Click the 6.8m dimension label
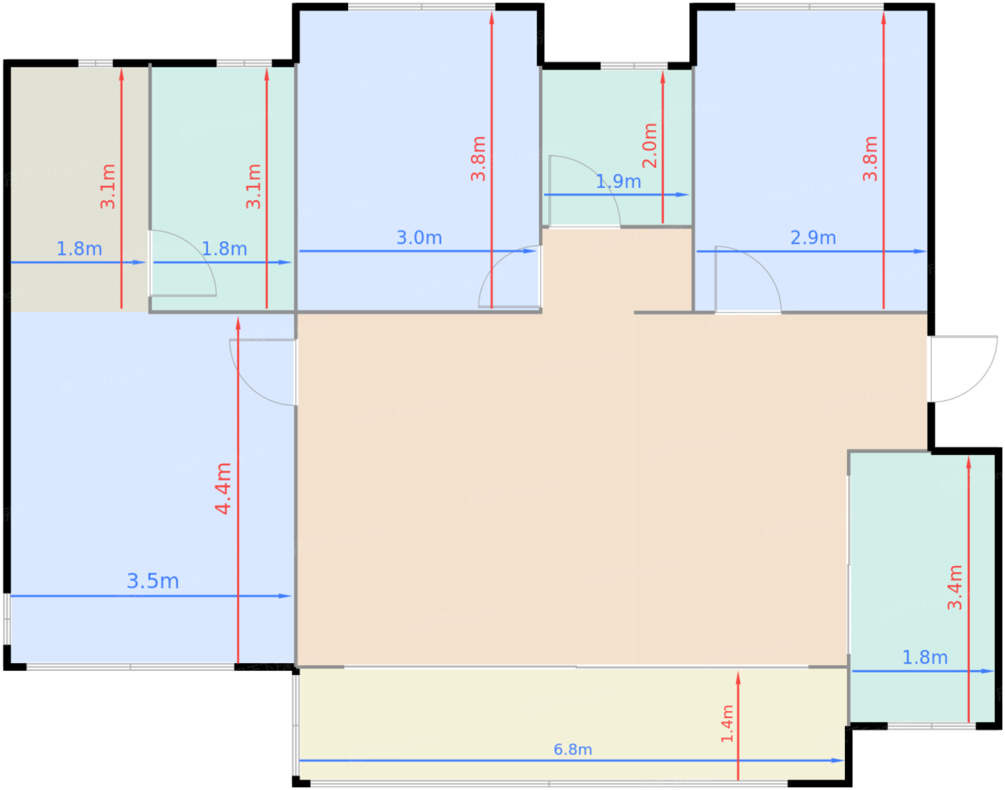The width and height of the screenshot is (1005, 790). tap(573, 749)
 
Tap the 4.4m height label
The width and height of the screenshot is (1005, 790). tap(223, 489)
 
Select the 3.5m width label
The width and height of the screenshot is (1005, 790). tap(153, 581)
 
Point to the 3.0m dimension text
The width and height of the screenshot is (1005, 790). tap(419, 238)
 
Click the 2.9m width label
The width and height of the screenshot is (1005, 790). tap(813, 238)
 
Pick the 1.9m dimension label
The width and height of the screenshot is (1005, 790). tap(618, 182)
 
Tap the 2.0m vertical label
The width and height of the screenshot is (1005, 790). tap(650, 146)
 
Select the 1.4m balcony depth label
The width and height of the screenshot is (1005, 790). tap(727, 723)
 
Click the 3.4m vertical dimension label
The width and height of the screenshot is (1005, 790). tap(955, 588)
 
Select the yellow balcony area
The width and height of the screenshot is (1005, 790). tap(573, 724)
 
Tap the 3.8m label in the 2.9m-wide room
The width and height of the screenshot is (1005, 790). tap(870, 159)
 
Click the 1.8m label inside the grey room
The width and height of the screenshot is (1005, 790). tap(79, 249)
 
